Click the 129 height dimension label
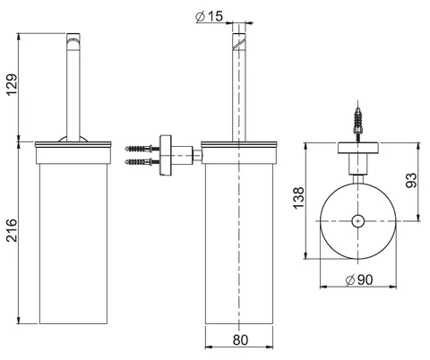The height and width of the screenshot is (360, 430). [13, 84]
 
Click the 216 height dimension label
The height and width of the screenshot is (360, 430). [13, 230]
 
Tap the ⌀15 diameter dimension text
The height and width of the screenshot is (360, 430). [210, 16]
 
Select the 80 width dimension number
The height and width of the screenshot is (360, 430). [240, 339]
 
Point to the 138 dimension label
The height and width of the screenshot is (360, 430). [298, 198]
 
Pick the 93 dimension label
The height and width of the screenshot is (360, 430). [411, 180]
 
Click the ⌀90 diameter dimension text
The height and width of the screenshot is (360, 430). [359, 280]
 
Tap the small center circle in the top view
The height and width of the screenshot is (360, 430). [358, 221]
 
